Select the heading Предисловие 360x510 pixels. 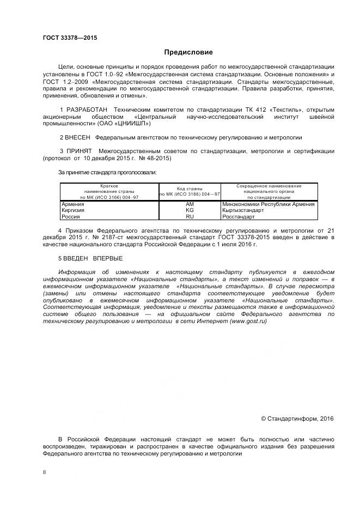coord(188,52)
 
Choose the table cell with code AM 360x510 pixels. coord(190,204)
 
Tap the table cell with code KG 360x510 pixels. coord(190,210)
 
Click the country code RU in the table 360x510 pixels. coord(190,216)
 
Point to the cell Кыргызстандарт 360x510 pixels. coord(243,210)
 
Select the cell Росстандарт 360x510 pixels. coord(239,216)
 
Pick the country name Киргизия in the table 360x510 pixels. coord(73,210)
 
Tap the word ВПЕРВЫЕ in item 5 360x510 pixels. coord(107,258)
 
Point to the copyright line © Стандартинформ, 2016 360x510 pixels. coord(297,418)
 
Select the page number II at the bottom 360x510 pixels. coord(45,472)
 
